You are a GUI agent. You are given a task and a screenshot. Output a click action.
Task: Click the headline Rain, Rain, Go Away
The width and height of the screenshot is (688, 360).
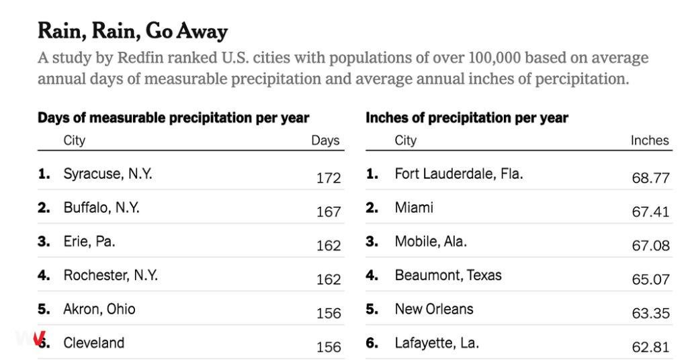(132, 32)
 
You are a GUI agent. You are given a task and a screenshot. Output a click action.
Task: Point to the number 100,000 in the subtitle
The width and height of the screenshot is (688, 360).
(494, 58)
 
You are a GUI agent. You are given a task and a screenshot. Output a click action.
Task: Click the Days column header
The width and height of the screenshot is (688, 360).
(326, 140)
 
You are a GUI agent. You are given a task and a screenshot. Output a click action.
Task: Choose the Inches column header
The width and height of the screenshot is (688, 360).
(650, 140)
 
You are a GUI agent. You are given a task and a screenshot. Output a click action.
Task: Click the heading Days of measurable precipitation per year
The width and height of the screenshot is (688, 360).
(173, 118)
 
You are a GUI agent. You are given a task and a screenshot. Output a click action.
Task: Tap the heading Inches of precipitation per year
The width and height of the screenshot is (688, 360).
(467, 118)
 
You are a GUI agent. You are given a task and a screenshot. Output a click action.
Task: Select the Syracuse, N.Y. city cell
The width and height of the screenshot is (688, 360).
(108, 174)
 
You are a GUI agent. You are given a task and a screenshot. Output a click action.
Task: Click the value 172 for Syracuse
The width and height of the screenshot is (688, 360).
(329, 178)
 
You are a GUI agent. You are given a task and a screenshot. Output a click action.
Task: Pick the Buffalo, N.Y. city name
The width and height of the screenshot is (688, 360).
(101, 208)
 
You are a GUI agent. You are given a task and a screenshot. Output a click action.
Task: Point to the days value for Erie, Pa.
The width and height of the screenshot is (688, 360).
(329, 246)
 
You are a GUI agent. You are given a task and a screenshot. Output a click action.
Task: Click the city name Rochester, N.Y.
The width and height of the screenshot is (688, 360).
(111, 275)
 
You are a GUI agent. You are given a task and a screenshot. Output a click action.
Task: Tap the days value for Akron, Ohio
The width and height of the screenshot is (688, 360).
(329, 313)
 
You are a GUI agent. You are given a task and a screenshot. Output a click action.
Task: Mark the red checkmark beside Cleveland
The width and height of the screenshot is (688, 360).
(40, 338)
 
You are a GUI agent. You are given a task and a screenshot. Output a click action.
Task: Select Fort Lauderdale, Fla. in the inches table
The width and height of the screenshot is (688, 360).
(459, 174)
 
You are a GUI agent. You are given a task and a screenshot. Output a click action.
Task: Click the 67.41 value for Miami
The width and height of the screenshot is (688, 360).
(650, 212)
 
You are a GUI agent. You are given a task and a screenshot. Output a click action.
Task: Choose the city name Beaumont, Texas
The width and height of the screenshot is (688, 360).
(448, 275)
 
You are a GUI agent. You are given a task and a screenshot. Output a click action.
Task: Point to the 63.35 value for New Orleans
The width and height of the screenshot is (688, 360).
(650, 313)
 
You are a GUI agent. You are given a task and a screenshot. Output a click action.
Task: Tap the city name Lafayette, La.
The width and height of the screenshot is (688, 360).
(437, 343)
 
